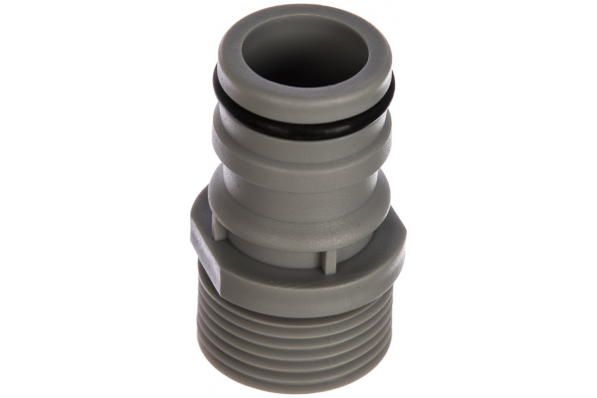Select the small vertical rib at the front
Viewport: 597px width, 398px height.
pyautogui.click(x=323, y=258)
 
